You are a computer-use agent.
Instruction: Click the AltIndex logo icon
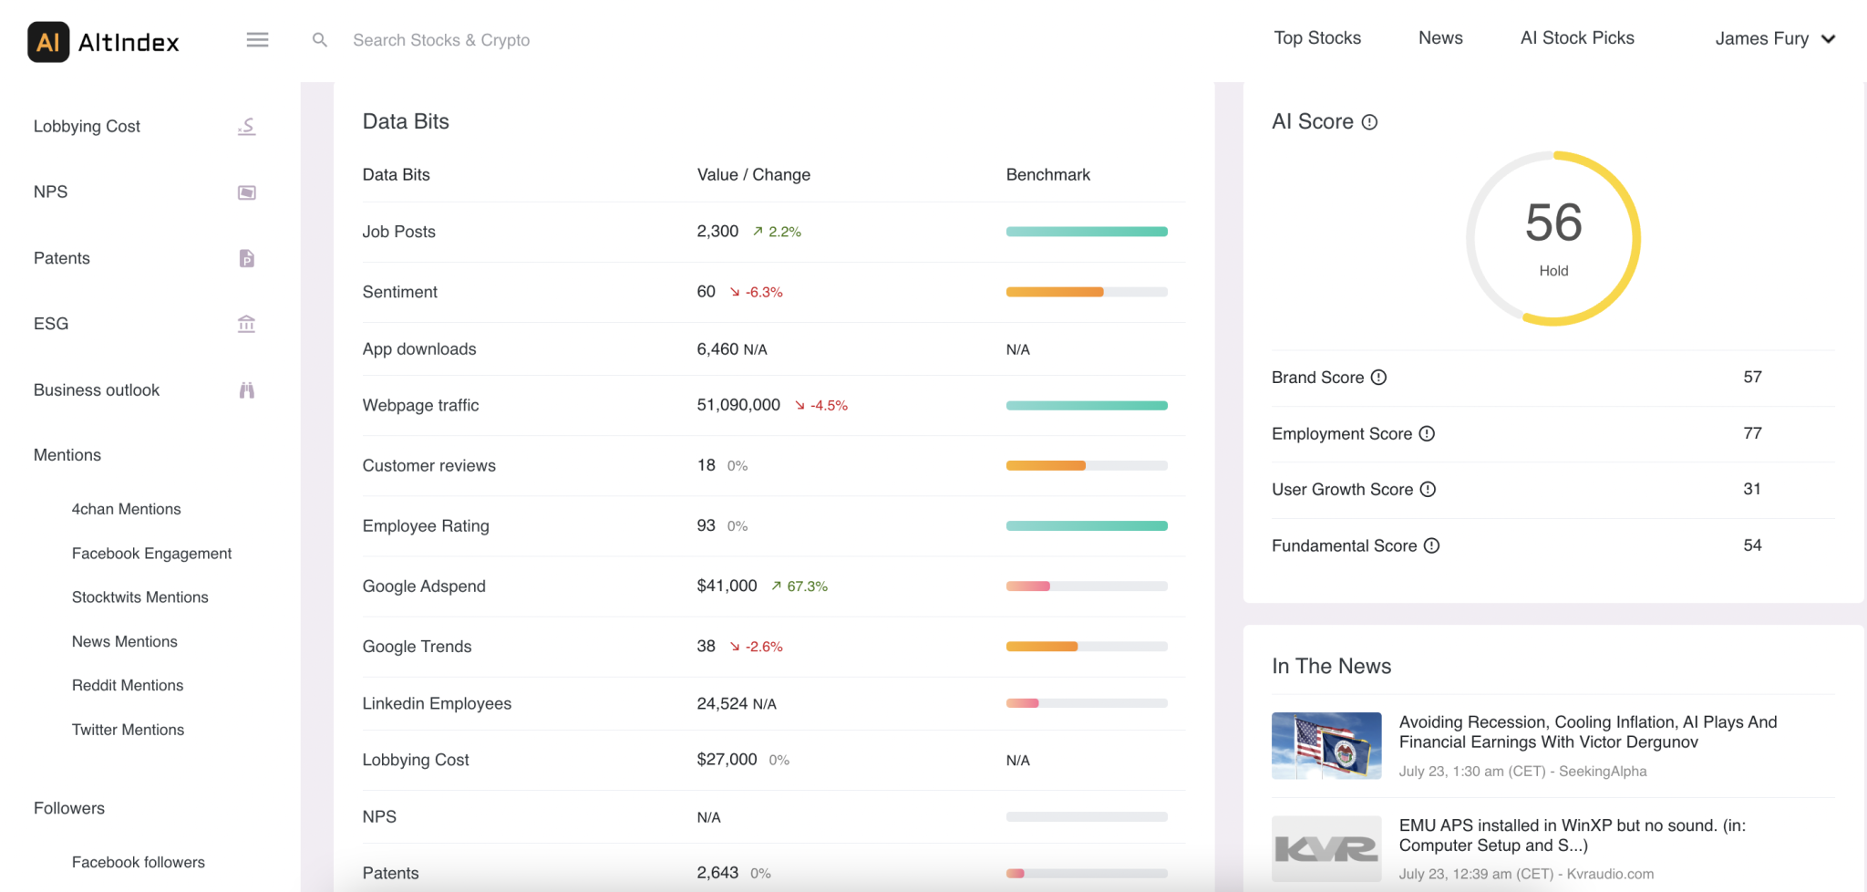[x=48, y=42]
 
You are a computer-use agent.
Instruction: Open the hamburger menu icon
[x=257, y=39]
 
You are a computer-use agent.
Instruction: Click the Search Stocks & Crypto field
[x=441, y=40]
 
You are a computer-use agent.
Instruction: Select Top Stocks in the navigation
[x=1316, y=38]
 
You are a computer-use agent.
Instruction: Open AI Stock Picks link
[x=1576, y=38]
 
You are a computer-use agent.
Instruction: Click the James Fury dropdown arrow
[x=1828, y=39]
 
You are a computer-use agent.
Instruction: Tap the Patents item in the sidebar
[x=62, y=258]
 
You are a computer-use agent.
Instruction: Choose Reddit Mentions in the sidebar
[x=128, y=685]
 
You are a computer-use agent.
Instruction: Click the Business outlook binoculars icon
[x=246, y=390]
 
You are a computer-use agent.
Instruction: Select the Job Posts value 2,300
[x=717, y=232]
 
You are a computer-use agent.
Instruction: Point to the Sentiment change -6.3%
[x=764, y=292]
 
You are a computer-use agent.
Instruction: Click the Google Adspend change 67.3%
[x=807, y=586]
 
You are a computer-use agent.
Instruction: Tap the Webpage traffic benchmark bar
[x=1086, y=405]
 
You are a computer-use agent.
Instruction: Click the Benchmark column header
[x=1047, y=174]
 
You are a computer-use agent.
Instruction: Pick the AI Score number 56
[x=1553, y=223]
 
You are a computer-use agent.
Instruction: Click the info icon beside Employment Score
[x=1427, y=434]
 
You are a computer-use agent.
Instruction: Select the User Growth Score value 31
[x=1751, y=489]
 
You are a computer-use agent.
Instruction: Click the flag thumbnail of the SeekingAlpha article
[x=1326, y=745]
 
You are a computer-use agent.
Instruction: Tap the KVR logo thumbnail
[x=1326, y=848]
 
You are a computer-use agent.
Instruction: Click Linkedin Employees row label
[x=437, y=703]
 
